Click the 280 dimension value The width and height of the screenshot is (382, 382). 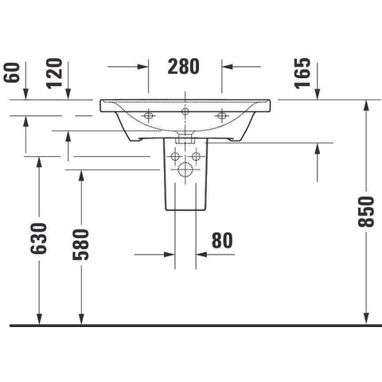coord(183,66)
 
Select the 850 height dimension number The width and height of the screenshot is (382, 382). coord(366,212)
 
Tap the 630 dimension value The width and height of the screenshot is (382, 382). coord(39,239)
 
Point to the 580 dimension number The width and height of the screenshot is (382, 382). coord(81,244)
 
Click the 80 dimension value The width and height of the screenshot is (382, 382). coord(222,240)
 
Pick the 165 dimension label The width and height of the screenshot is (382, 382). coord(302,73)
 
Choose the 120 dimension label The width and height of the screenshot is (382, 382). coord(54,73)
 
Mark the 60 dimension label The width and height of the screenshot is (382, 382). coord(12,72)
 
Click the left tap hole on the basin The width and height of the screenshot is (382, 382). coord(148,115)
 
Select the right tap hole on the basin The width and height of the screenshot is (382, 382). coord(221,115)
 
